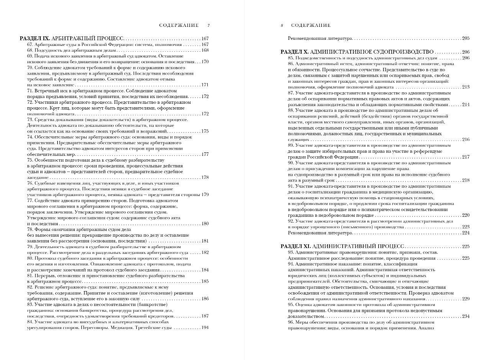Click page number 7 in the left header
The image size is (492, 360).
208,26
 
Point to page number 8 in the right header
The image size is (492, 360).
282,26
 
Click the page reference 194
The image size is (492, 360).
205,327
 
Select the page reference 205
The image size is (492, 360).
466,39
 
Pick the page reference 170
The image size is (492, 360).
205,62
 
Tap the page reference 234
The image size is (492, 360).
466,316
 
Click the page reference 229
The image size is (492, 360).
466,299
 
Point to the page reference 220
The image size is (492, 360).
466,215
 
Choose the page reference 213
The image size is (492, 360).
466,87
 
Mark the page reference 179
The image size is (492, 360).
205,195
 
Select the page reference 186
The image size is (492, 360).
205,299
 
